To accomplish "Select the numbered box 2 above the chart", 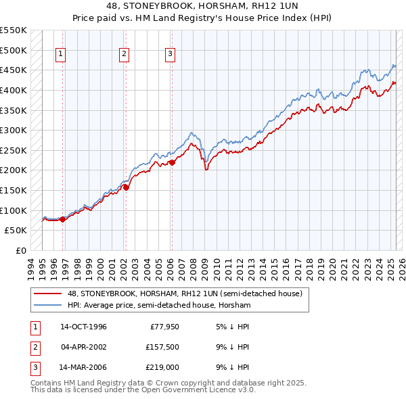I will [x=125, y=55].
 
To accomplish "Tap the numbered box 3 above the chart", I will [x=170, y=55].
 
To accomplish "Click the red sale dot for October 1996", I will [x=62, y=219].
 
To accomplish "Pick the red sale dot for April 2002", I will [x=126, y=187].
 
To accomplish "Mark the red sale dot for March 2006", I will [x=172, y=162].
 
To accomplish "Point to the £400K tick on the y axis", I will [x=14, y=90].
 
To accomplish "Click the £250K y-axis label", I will [x=14, y=150].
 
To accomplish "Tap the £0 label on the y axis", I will [x=21, y=250].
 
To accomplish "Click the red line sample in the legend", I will [x=47, y=294].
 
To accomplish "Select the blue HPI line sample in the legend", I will [x=47, y=306].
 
